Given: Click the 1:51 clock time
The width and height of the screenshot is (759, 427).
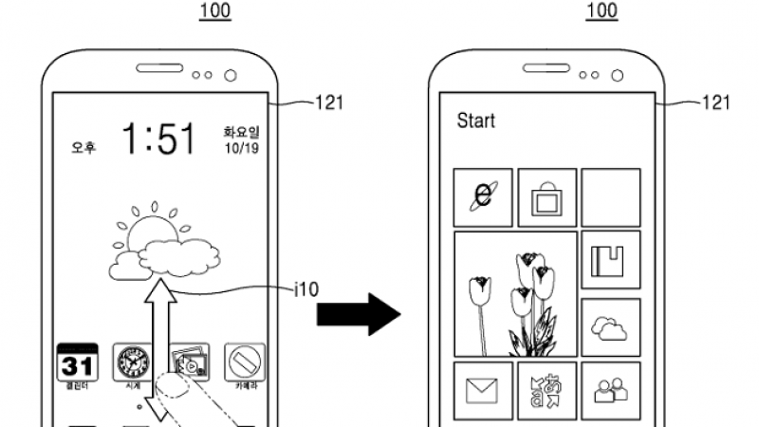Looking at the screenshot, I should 159,139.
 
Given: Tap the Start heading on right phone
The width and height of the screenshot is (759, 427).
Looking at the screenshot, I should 476,121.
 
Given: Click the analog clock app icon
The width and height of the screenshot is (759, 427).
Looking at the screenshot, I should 131,362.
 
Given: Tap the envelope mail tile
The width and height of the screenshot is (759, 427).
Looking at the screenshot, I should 483,388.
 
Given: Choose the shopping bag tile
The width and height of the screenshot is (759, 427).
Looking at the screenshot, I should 547,197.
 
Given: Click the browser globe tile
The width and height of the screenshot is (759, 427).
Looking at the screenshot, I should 483,196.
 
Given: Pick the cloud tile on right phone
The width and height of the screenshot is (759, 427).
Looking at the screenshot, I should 610,326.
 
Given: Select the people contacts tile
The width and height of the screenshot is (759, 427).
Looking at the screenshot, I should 610,388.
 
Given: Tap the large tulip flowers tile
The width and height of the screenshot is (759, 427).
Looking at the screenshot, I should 516,293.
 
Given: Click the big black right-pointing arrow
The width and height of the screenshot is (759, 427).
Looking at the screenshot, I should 358,313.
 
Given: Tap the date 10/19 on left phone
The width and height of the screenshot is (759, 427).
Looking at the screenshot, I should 239,149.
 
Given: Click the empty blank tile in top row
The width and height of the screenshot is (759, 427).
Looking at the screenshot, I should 610,196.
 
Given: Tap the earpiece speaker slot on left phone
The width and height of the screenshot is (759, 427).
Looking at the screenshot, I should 158,69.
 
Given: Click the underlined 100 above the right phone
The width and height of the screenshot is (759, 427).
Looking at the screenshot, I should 602,11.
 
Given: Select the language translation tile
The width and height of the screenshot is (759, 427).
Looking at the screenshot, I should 547,388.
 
